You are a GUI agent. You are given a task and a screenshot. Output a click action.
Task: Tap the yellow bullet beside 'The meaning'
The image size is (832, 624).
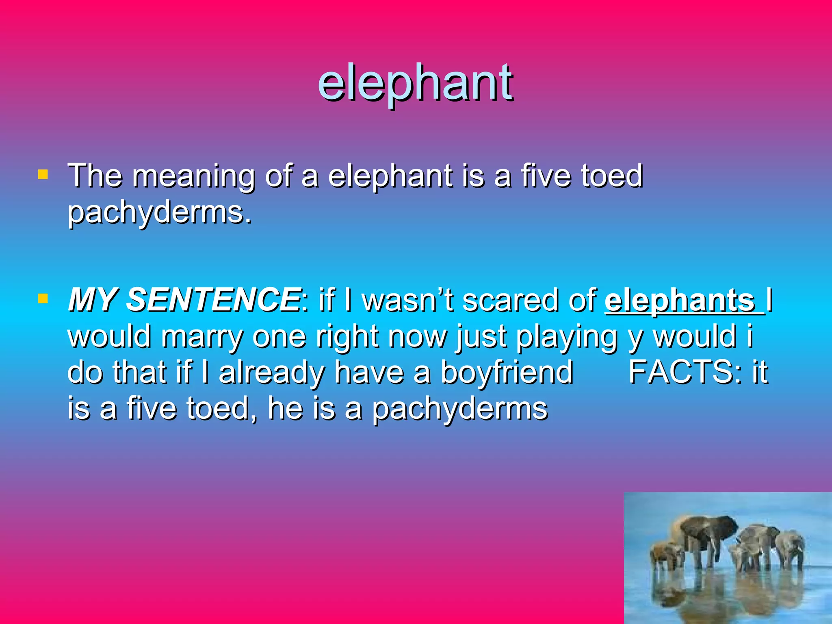click(43, 175)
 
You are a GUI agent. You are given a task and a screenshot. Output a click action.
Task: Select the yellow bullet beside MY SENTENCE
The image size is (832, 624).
click(43, 299)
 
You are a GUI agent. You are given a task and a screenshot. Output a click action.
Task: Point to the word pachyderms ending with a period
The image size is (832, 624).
click(160, 213)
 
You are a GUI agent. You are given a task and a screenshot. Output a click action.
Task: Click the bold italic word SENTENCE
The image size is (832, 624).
click(213, 300)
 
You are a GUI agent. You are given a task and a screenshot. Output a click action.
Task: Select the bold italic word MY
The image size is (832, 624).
click(93, 300)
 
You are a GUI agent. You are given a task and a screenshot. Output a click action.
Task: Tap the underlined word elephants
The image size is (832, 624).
click(679, 301)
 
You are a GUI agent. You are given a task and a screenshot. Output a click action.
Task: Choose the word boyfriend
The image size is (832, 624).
click(507, 372)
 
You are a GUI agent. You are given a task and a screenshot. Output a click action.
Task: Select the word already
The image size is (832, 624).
click(271, 373)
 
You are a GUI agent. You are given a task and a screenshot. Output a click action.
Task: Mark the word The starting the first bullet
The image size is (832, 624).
click(95, 176)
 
